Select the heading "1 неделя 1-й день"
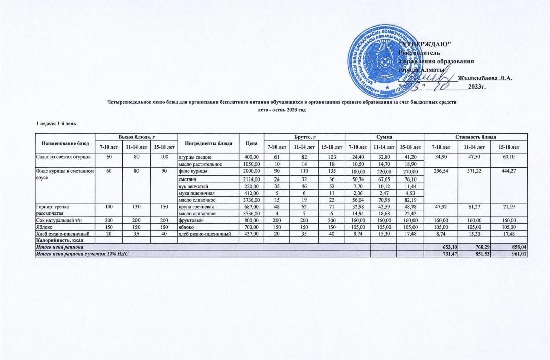56,123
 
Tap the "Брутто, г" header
304,136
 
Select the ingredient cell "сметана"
187,179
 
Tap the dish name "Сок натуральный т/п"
59,220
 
